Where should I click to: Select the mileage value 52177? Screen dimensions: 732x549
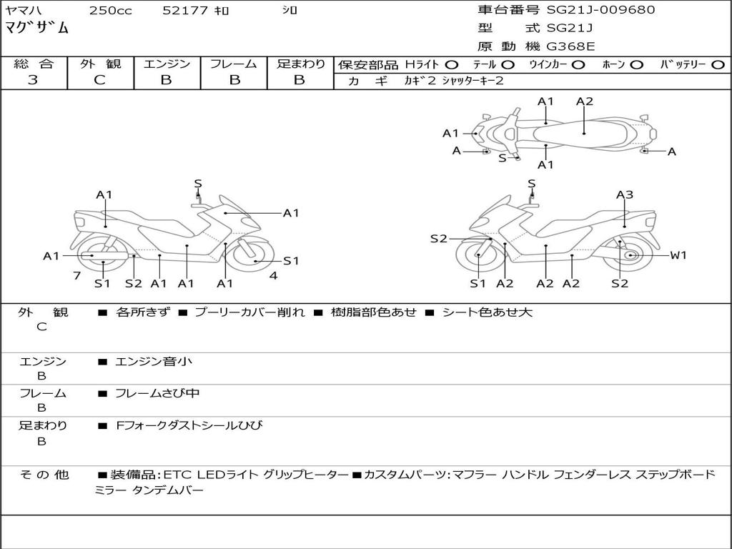point(185,11)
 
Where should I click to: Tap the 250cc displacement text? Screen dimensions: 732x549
point(110,11)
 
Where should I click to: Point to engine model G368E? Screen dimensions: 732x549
point(571,47)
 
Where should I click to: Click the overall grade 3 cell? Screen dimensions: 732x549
point(33,80)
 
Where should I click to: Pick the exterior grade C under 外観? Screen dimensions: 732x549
point(99,80)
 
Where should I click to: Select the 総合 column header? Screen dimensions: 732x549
point(34,64)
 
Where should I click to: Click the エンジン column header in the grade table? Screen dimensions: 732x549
point(167,64)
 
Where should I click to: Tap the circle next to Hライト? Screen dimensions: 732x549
point(452,65)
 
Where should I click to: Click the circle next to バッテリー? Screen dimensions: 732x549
point(718,65)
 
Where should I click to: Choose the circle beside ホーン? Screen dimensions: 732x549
point(636,65)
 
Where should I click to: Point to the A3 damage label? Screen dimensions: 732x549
point(625,194)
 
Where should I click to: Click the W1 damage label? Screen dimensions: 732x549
point(678,255)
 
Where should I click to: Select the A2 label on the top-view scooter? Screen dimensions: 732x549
point(585,102)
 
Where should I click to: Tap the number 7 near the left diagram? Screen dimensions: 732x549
point(76,275)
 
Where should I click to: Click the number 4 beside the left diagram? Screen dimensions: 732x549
point(273,275)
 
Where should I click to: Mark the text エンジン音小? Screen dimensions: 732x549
point(154,362)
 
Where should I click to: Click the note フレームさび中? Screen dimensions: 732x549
point(157,393)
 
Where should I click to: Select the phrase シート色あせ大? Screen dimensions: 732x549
point(488,312)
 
